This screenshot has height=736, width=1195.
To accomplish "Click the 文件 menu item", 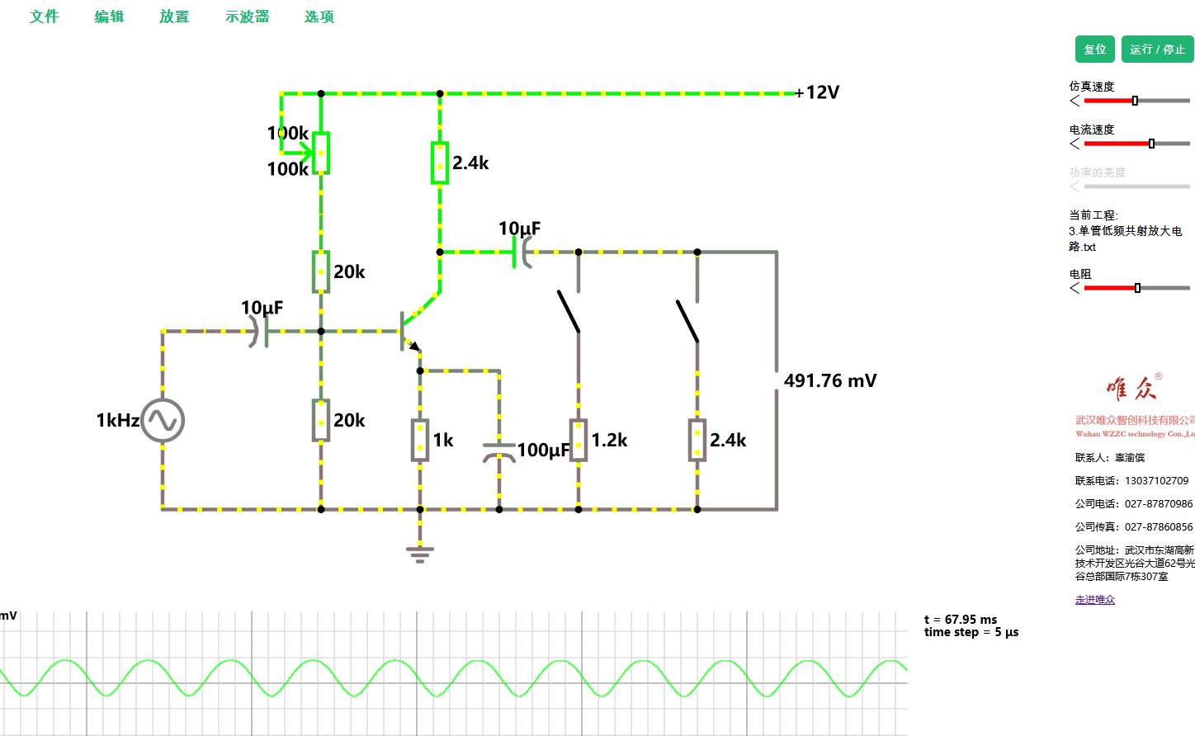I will click(x=45, y=17).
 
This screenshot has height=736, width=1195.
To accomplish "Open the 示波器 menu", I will click(x=247, y=17).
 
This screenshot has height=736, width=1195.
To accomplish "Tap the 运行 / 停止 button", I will click(x=1157, y=50).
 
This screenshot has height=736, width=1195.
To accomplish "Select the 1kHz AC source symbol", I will click(x=163, y=421).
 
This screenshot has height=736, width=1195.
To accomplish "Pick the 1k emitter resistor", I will click(x=420, y=440).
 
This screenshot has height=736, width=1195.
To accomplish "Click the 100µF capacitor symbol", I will click(x=499, y=451).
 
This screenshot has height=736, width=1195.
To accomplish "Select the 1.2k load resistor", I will click(x=579, y=440).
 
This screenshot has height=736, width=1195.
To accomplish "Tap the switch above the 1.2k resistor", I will click(x=569, y=312).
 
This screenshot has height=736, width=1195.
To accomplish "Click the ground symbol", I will click(x=420, y=553).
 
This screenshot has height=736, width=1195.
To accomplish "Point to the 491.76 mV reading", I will click(x=829, y=381).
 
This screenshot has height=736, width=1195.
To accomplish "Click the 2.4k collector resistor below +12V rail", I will click(x=440, y=163).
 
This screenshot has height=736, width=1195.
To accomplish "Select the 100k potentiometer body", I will click(x=321, y=153).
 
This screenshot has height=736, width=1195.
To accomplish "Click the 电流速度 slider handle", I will click(x=1151, y=144).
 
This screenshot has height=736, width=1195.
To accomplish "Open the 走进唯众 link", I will click(x=1094, y=600).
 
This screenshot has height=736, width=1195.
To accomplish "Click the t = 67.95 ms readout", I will click(x=961, y=619).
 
